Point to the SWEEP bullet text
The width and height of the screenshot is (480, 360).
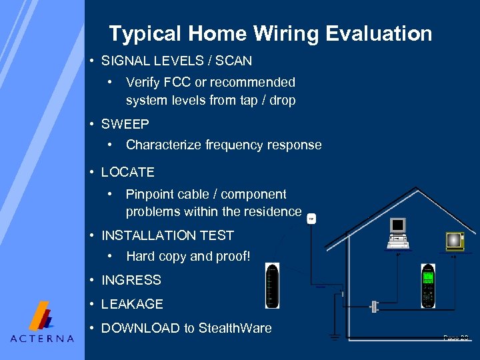click(125, 124)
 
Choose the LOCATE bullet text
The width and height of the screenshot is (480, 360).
click(127, 172)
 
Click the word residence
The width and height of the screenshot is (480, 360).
click(273, 211)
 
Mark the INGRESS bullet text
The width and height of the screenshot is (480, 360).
click(131, 280)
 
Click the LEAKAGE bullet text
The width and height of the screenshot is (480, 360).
click(132, 304)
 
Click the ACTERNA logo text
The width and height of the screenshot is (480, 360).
click(42, 338)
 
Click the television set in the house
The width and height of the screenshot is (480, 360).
click(455, 241)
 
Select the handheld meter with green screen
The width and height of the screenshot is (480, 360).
click(428, 285)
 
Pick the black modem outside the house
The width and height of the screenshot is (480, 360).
click(272, 286)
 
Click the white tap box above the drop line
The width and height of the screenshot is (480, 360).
click(311, 218)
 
